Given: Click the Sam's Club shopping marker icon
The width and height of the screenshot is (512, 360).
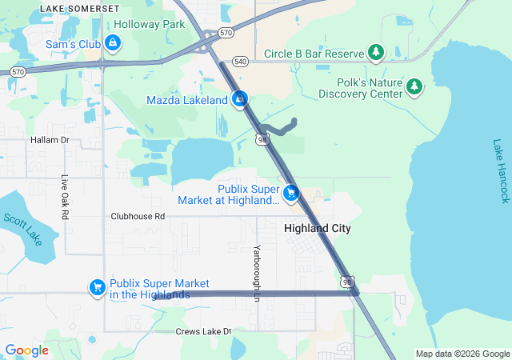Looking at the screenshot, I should point(114,42).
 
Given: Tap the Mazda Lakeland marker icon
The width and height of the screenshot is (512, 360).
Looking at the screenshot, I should point(238,100).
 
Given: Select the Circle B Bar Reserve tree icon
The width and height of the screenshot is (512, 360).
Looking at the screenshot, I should point(376,54).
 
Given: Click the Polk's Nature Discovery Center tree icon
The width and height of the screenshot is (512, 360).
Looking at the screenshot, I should point(414,86).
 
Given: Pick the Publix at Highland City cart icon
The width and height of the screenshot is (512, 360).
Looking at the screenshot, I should point(290,193).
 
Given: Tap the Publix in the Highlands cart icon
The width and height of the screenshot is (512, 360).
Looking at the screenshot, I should point(98,287).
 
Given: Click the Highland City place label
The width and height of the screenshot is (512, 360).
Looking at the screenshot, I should point(318,228).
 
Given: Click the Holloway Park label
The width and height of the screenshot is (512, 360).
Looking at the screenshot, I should point(150,25).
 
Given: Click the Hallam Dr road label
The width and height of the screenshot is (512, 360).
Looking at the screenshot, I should point(50,139).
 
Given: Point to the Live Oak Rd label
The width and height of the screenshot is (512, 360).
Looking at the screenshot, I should point(65,198).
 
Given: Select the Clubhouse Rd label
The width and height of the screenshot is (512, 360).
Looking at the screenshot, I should point(137,216).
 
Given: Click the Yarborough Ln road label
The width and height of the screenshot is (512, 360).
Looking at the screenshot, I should point(257,273).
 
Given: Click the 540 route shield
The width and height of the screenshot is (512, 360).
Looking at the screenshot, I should point(240,61).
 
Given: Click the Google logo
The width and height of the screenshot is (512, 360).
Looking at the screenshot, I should point(26,350).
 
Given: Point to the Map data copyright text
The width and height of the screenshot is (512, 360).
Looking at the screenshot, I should point(462,354).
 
